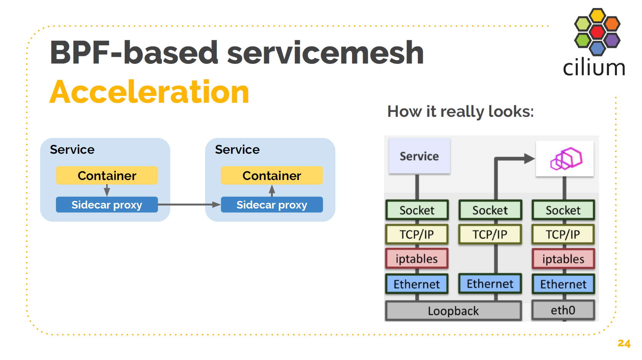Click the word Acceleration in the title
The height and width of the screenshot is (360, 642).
click(x=149, y=92)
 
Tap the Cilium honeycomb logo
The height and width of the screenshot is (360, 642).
click(x=597, y=32)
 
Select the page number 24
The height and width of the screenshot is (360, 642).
click(x=624, y=343)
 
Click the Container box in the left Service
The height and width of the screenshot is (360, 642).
click(x=107, y=175)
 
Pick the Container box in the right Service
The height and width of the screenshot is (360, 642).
click(x=272, y=175)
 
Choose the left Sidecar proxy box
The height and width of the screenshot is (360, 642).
click(x=107, y=205)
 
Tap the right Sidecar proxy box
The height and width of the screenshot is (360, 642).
click(x=272, y=205)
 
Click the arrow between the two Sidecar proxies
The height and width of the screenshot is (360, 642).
click(x=189, y=205)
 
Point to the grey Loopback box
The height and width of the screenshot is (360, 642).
click(x=453, y=311)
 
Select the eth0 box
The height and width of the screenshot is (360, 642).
click(x=563, y=311)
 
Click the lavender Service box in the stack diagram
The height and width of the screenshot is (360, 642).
click(x=419, y=156)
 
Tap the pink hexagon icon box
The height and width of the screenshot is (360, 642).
click(x=565, y=158)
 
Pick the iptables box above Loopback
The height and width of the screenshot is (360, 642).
click(x=417, y=259)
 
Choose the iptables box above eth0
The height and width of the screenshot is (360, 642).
click(x=563, y=259)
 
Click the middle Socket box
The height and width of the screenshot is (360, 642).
click(x=490, y=210)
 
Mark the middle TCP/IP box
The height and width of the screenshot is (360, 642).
click(x=490, y=234)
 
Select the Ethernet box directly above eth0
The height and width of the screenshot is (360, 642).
click(x=563, y=284)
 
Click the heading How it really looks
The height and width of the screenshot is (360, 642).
click(x=460, y=112)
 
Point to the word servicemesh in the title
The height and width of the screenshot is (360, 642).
click(x=325, y=53)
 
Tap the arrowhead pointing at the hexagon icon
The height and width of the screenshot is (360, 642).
click(x=529, y=158)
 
